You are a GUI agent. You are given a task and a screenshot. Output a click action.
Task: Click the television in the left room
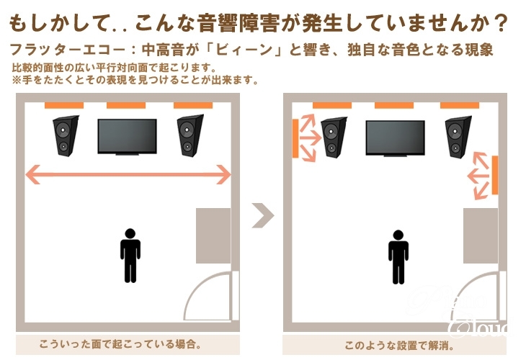pyautogui.click(x=127, y=137)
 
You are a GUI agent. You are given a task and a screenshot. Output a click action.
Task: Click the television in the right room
pyautogui.click(x=395, y=138)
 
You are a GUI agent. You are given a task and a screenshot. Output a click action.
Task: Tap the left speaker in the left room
pyautogui.click(x=66, y=136)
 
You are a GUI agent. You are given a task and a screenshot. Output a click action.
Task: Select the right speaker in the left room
pyautogui.click(x=190, y=136)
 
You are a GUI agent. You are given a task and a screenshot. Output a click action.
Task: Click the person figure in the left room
pyautogui.click(x=130, y=256)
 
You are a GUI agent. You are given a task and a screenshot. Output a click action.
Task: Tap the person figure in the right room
pyautogui.click(x=398, y=257)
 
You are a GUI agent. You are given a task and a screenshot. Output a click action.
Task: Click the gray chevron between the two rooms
pyautogui.click(x=263, y=215)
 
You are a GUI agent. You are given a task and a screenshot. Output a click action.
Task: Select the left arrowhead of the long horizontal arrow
pyautogui.click(x=33, y=174)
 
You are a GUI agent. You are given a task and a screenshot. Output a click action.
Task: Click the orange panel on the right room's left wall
pyautogui.click(x=295, y=138)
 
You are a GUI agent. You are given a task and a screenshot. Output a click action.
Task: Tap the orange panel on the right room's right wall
pyautogui.click(x=495, y=175)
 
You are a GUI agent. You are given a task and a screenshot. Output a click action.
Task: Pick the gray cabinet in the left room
pyautogui.click(x=213, y=235)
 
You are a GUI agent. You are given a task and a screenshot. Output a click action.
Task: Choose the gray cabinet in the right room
pyautogui.click(x=481, y=235)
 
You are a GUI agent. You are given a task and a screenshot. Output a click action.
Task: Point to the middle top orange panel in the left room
pyautogui.click(x=126, y=105)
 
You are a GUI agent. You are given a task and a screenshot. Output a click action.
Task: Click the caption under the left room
pyautogui.click(x=120, y=344)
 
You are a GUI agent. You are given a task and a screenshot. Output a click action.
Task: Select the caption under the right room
pyautogui.click(x=399, y=346)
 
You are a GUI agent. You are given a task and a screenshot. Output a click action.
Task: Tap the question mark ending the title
pyautogui.click(x=502, y=23)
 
